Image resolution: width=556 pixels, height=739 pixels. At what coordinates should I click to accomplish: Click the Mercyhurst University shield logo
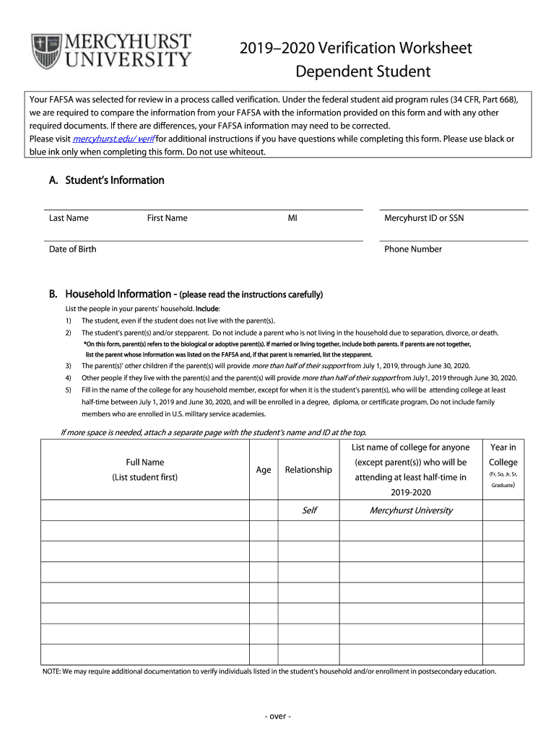47,51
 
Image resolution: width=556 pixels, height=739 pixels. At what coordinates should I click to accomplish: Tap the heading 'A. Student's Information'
106,180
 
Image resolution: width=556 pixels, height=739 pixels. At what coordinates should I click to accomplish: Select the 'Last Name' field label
69,218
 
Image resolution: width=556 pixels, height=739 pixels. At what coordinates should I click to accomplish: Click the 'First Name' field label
167,218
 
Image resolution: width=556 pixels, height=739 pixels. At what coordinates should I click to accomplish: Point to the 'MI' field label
292,218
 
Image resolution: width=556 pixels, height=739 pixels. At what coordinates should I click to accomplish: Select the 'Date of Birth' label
72,249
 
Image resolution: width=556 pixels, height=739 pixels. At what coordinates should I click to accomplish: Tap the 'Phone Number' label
413,249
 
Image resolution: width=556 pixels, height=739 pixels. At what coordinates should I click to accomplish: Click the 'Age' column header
264,470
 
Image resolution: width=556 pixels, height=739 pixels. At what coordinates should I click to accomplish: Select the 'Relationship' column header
308,470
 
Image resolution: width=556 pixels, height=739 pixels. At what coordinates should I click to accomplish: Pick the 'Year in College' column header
503,455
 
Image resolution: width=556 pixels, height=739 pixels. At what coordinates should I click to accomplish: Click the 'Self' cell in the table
309,510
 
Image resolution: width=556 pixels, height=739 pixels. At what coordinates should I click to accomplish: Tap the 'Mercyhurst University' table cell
411,510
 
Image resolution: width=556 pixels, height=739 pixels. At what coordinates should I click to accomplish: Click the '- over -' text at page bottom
277,717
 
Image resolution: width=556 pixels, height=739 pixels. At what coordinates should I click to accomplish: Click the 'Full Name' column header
144,462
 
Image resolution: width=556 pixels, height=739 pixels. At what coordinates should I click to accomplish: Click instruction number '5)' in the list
68,390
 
